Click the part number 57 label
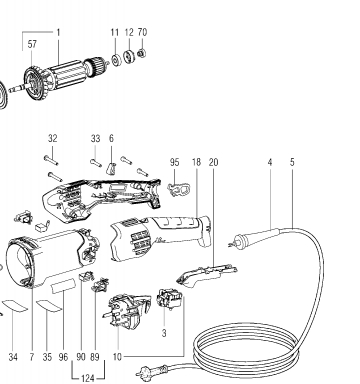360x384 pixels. click(x=32, y=44)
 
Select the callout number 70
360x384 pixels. click(x=142, y=32)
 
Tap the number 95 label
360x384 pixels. click(x=174, y=162)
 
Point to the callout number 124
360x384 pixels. click(x=88, y=378)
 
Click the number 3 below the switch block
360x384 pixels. click(x=164, y=333)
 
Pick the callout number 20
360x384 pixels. click(x=213, y=162)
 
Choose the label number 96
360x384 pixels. click(x=63, y=357)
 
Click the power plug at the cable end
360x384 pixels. click(x=152, y=371)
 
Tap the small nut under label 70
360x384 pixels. click(x=142, y=52)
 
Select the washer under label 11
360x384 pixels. click(x=116, y=60)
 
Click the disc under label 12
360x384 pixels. click(x=128, y=55)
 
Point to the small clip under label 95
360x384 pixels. click(x=179, y=189)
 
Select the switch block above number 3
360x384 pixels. click(x=169, y=299)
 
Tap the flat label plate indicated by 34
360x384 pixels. click(x=14, y=305)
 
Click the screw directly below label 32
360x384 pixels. click(x=51, y=160)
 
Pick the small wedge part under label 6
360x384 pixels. click(x=111, y=168)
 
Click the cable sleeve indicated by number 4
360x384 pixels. click(x=256, y=237)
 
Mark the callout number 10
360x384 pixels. click(x=117, y=357)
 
